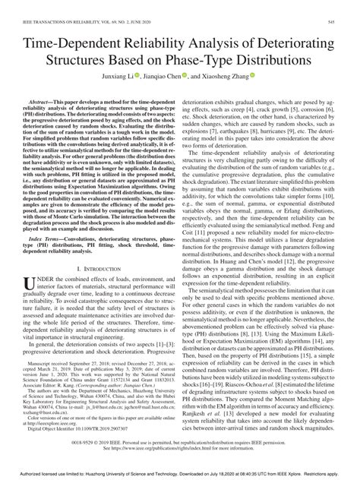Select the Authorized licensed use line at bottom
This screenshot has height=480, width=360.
[x=180, y=475]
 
